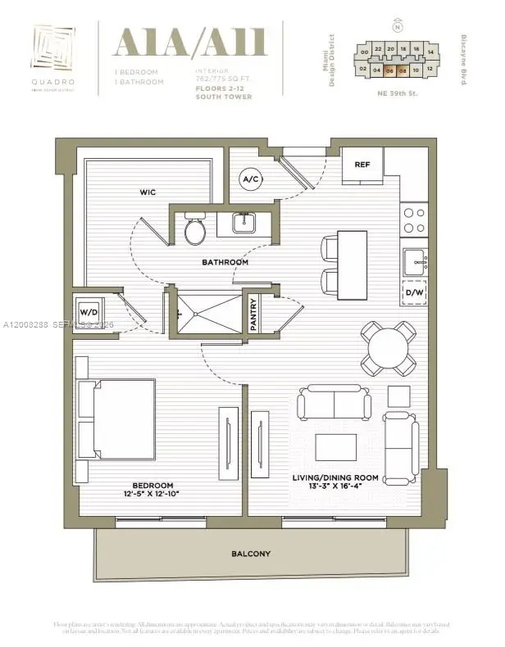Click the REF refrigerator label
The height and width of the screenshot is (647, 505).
(x=362, y=165)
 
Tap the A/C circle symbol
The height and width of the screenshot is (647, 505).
(x=250, y=179)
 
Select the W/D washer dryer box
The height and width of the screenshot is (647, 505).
(x=89, y=312)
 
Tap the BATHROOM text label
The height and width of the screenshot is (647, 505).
(x=226, y=262)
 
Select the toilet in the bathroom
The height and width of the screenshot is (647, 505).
(x=195, y=230)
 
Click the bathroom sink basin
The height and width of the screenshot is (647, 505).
(x=243, y=223)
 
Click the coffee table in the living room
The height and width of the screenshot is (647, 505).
(x=335, y=448)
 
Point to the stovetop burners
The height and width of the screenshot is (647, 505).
(x=414, y=219)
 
